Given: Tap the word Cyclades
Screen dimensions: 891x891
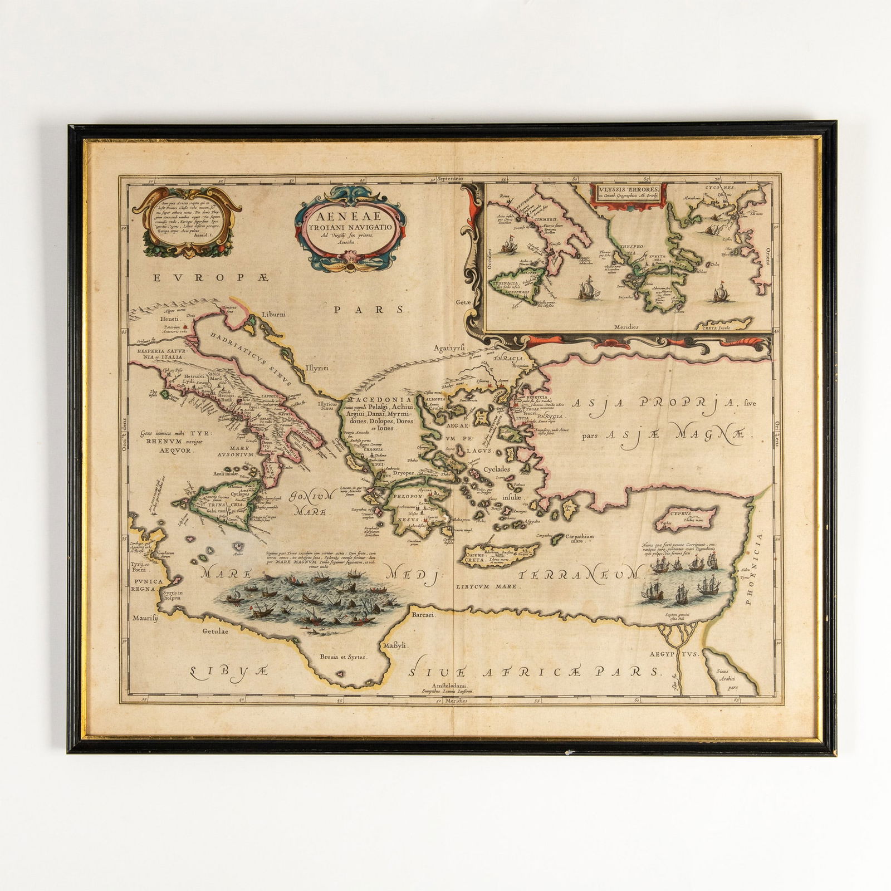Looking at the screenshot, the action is (x=497, y=469).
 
